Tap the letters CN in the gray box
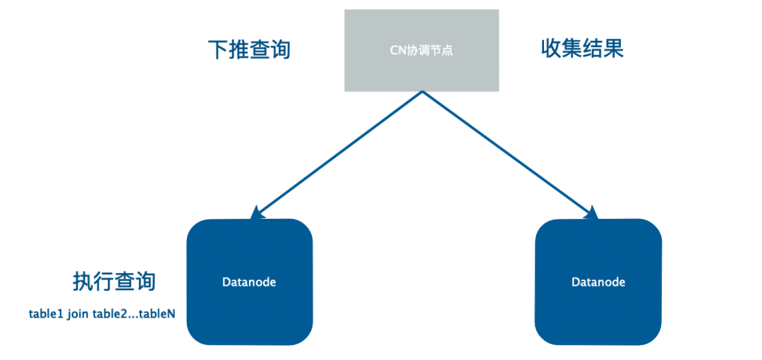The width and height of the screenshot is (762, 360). pos(397,50)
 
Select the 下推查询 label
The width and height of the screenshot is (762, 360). pos(249,49)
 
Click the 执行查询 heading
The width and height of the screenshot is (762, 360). pos(114,281)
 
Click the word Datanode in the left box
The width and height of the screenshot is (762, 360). pos(249,282)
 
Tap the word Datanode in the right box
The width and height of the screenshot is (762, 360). pos(598,282)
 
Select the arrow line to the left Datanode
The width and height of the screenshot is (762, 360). pos(339,152)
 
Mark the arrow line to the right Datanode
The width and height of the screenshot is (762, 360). pos(507,152)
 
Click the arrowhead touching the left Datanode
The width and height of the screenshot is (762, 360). pos(258,212)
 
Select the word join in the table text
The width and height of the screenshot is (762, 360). pos(79,313)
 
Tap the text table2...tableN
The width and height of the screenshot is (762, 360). pos(133,313)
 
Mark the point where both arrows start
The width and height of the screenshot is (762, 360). pos(422,92)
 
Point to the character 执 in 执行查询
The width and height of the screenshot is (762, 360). pos(83,281)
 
